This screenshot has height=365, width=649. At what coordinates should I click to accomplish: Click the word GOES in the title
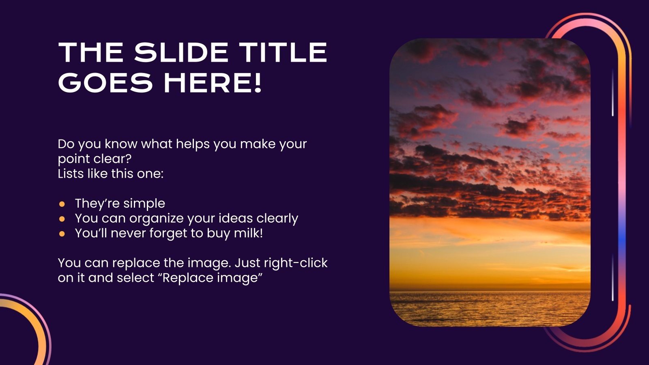click(x=105, y=83)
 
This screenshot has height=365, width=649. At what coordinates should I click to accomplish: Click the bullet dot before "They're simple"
click(x=62, y=204)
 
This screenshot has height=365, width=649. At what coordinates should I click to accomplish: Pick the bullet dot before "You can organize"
click(x=62, y=219)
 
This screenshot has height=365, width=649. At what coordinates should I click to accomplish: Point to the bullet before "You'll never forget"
click(x=62, y=234)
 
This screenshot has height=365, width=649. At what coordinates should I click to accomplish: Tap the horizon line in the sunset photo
click(x=490, y=290)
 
